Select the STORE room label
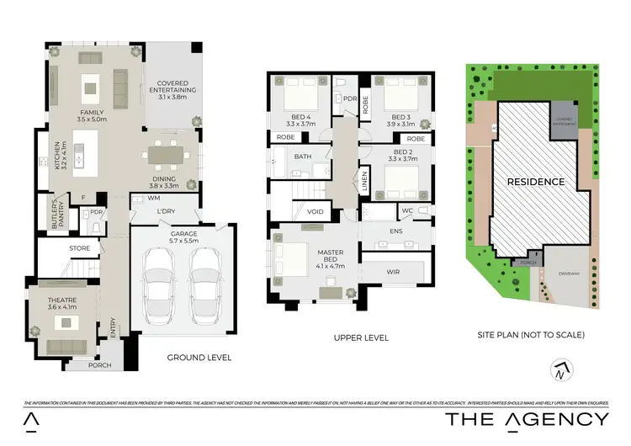79,248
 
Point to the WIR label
393,272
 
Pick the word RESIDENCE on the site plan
536,181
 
